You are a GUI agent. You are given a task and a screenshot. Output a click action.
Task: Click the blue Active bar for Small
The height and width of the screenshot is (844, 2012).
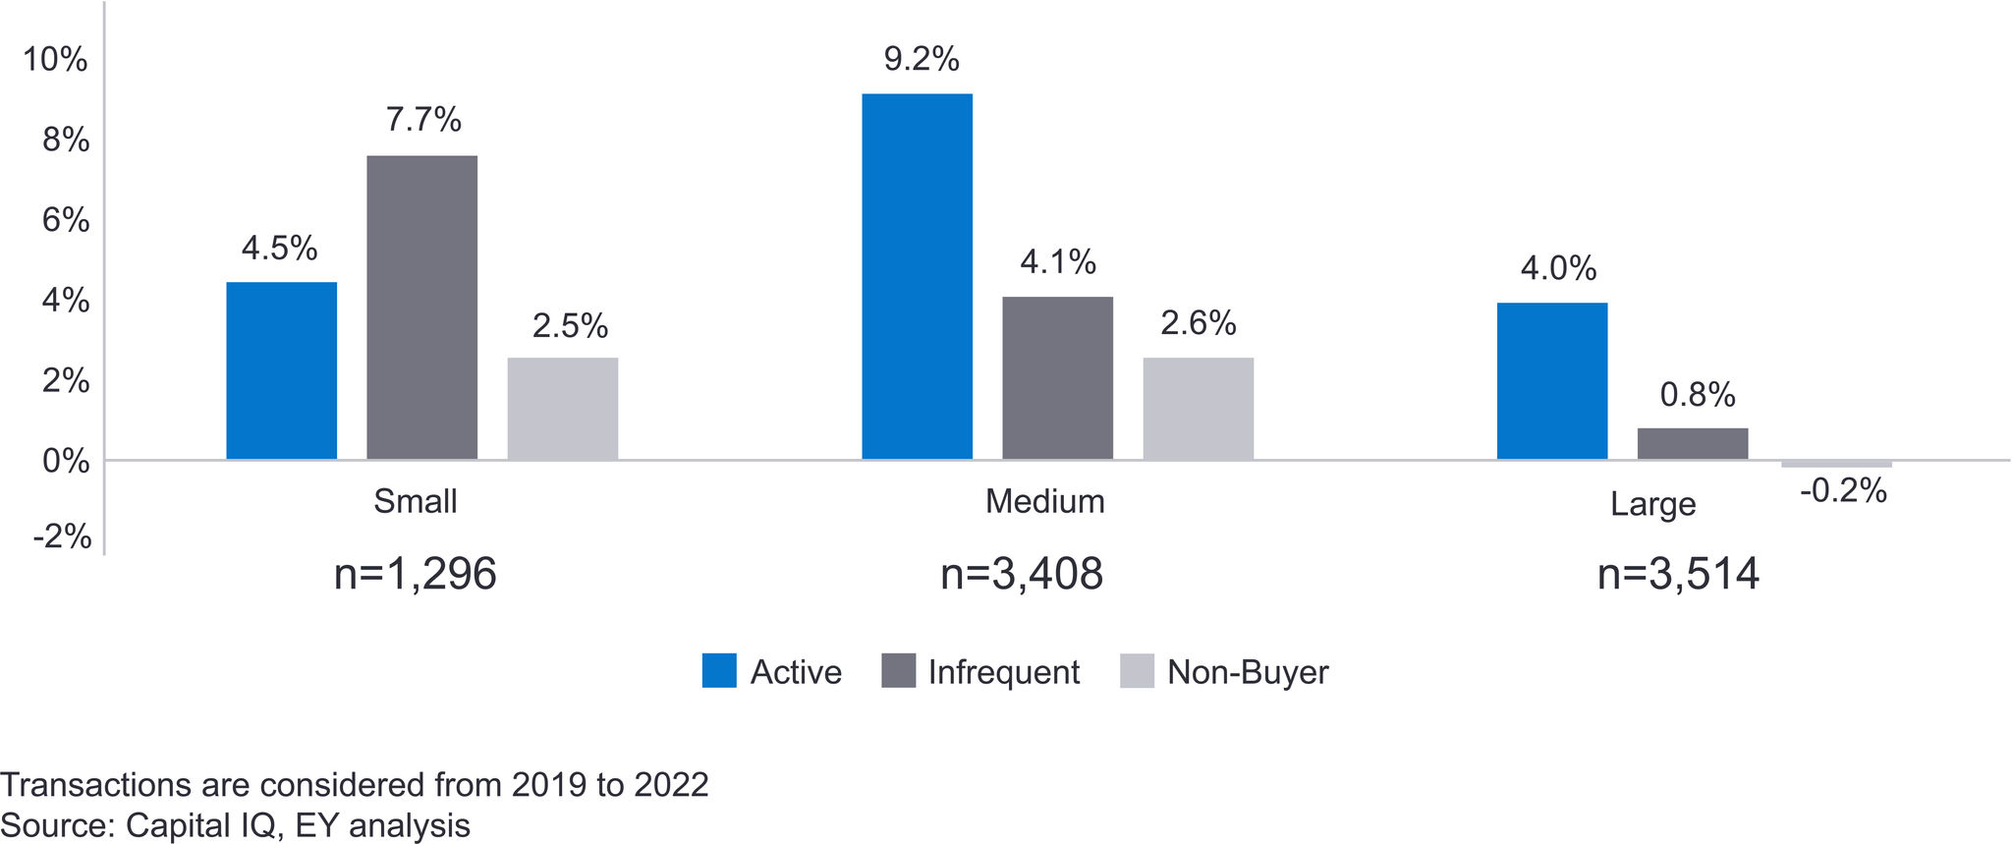click(281, 370)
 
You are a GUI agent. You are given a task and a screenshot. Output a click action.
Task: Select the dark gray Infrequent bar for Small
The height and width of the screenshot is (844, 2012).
click(421, 307)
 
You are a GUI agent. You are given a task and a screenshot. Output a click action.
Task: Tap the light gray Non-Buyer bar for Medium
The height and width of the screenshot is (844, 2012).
click(1198, 408)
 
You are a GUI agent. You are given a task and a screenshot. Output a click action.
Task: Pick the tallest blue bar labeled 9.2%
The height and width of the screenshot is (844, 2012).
click(917, 276)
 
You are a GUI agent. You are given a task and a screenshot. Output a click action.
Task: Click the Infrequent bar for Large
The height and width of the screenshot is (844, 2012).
click(1692, 443)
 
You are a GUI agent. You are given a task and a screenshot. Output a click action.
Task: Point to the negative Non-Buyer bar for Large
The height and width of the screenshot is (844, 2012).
click(1835, 464)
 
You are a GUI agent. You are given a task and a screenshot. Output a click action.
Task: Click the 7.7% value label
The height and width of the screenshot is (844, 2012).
click(423, 120)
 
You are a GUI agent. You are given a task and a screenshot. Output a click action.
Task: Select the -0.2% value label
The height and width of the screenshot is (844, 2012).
click(1843, 490)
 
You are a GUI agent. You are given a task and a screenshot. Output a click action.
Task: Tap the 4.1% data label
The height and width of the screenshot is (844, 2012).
click(1057, 262)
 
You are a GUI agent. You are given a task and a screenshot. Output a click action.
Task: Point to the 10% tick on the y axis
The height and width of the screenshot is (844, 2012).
click(55, 60)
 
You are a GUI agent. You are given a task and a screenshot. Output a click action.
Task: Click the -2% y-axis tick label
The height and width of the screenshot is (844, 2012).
click(62, 536)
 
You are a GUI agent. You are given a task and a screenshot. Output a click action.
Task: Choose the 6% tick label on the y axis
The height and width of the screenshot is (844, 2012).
click(66, 220)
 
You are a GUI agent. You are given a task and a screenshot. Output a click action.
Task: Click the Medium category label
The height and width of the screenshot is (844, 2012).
click(1044, 502)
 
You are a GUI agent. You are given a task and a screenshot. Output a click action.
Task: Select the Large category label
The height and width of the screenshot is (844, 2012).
click(1652, 504)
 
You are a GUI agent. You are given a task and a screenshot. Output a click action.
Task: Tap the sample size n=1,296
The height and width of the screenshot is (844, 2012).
click(415, 574)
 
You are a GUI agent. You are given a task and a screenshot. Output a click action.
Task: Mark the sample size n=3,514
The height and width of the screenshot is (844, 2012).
click(1678, 574)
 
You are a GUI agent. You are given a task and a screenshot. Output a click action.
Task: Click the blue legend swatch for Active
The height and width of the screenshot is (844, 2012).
click(719, 671)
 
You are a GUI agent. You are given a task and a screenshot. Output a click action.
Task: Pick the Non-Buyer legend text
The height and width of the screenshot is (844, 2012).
click(1247, 672)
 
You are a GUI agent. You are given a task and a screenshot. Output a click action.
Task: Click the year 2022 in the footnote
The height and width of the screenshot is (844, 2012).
click(671, 785)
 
